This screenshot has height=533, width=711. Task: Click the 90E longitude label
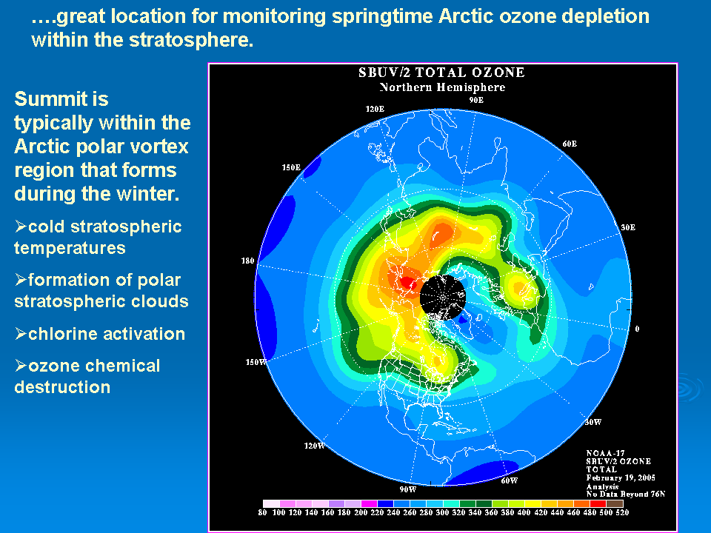pyautogui.click(x=476, y=100)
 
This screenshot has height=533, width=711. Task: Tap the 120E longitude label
pyautogui.click(x=375, y=110)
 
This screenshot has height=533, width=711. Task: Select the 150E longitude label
pyautogui.click(x=291, y=168)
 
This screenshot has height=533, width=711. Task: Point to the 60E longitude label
pyautogui.click(x=570, y=144)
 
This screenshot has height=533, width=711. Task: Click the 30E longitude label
pyautogui.click(x=628, y=227)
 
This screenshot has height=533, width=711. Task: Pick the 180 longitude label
pyautogui.click(x=247, y=261)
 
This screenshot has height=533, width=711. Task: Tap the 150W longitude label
pyautogui.click(x=256, y=362)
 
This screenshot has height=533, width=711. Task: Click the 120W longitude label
pyautogui.click(x=314, y=446)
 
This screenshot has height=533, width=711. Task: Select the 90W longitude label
pyautogui.click(x=407, y=489)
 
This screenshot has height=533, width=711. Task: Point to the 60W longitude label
pyautogui.click(x=510, y=481)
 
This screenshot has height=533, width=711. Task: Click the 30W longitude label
pyautogui.click(x=593, y=423)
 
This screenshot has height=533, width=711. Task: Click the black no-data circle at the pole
pyautogui.click(x=443, y=298)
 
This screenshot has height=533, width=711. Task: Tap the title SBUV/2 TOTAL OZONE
pyautogui.click(x=441, y=73)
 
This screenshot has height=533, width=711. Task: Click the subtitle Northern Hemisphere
pyautogui.click(x=442, y=87)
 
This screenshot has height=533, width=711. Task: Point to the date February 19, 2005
pyautogui.click(x=621, y=477)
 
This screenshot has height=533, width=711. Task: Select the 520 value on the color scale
pyautogui.click(x=622, y=512)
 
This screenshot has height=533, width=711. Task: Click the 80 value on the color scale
pyautogui.click(x=262, y=512)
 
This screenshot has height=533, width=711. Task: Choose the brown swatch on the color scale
pyautogui.click(x=615, y=503)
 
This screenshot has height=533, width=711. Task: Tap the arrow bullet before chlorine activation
pyautogui.click(x=21, y=334)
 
